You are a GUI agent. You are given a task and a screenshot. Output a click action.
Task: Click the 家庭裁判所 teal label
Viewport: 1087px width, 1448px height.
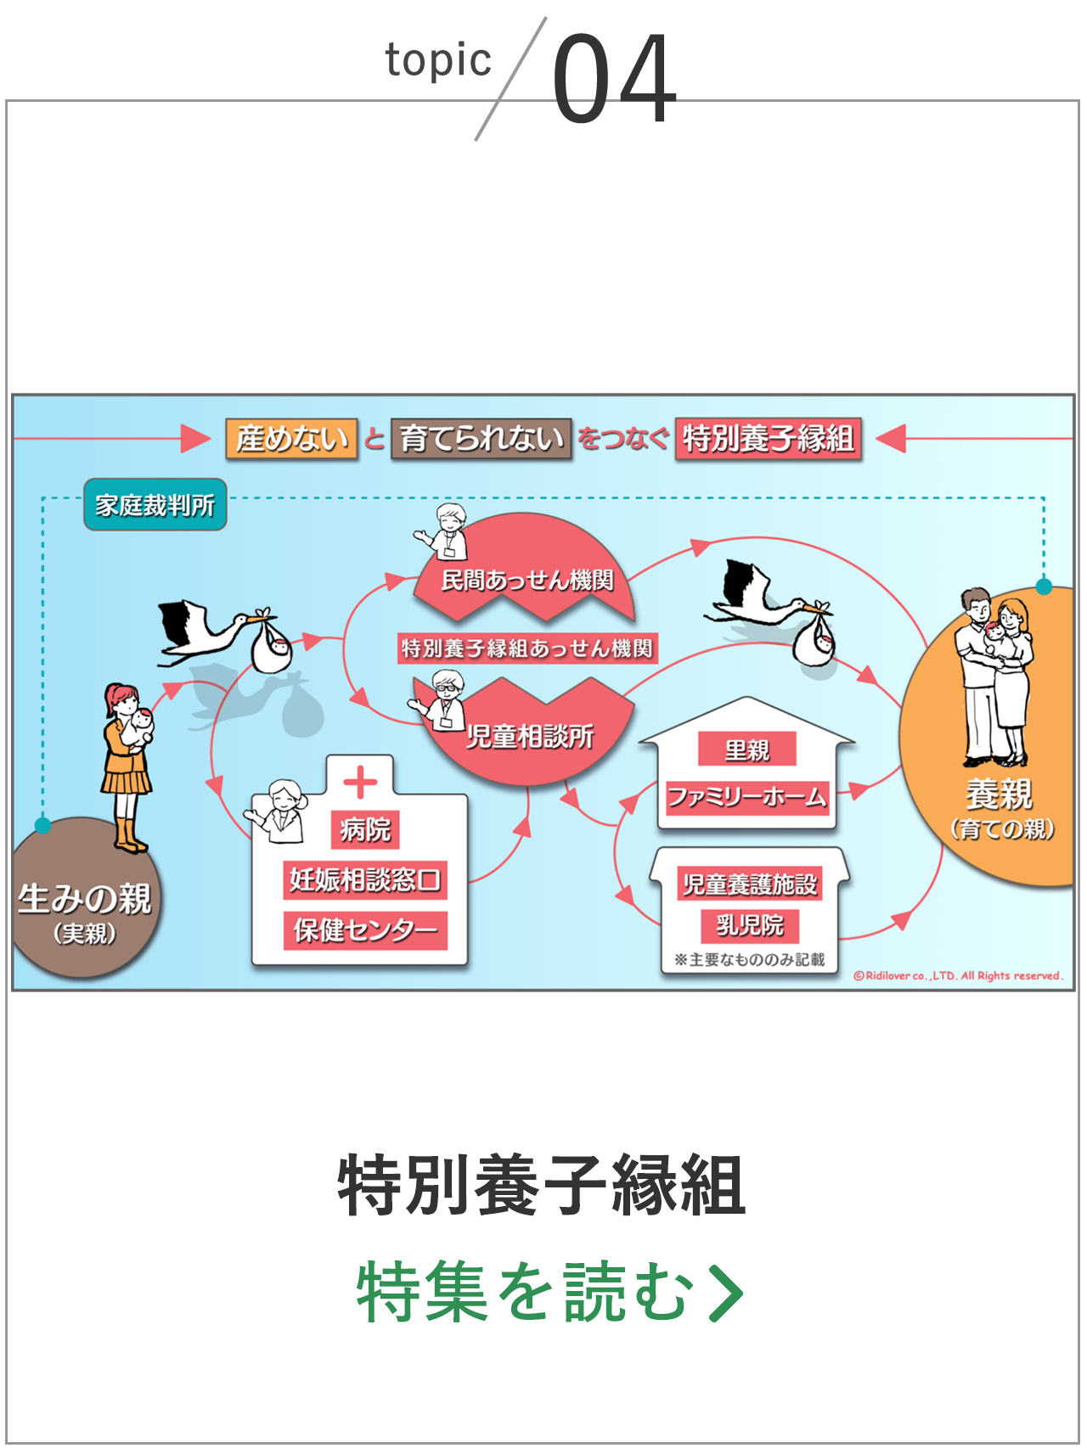tap(155, 505)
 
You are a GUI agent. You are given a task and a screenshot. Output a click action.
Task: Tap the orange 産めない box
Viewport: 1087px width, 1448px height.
tap(291, 439)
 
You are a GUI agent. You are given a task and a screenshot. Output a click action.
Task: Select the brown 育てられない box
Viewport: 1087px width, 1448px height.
tap(482, 439)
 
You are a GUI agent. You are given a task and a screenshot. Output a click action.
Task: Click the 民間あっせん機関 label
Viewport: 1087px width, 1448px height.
tap(527, 580)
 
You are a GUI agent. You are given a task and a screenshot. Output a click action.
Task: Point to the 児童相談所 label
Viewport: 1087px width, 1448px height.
tap(530, 737)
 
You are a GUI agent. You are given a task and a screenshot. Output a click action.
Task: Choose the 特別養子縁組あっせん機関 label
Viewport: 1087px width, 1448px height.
tap(527, 648)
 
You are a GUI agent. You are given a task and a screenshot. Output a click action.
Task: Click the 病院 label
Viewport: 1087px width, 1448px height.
tap(365, 828)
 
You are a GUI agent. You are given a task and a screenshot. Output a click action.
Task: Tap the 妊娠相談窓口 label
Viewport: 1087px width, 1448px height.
tap(365, 879)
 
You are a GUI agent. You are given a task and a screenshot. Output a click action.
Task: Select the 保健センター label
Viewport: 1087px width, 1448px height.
tap(365, 930)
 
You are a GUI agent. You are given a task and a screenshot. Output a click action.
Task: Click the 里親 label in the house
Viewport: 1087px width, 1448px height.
tap(747, 749)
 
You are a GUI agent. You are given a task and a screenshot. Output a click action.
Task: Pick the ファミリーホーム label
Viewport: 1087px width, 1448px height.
tap(747, 797)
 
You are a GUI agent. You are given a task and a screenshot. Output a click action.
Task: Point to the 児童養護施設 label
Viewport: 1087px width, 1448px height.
tap(750, 884)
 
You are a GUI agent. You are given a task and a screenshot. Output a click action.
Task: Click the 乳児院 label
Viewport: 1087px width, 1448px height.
tap(750, 924)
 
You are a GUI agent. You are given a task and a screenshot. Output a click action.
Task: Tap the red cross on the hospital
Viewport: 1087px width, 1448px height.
tap(360, 783)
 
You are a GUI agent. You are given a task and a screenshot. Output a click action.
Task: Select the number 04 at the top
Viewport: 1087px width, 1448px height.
tap(614, 78)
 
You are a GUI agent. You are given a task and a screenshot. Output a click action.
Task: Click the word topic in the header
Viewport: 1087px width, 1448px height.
tap(438, 61)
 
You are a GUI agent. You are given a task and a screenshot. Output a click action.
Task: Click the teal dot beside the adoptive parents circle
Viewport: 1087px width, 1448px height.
tap(1044, 586)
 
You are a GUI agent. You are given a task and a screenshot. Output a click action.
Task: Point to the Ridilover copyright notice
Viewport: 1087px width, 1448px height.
tap(958, 976)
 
